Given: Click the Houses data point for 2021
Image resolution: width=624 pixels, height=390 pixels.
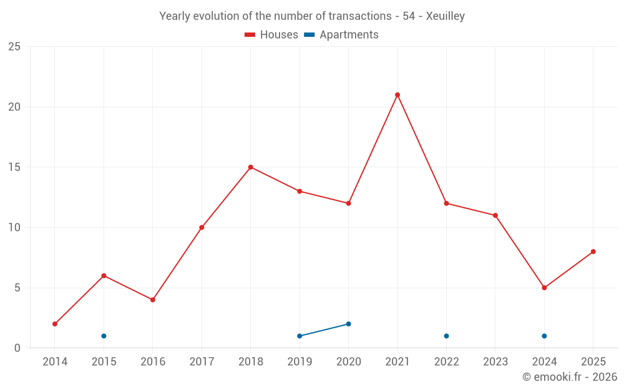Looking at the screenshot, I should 397,95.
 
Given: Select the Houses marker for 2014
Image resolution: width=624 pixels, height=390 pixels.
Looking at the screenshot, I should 55,324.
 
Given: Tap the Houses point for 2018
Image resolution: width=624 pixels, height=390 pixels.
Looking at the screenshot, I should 251,167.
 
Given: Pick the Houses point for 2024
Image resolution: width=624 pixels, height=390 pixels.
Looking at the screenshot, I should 544,288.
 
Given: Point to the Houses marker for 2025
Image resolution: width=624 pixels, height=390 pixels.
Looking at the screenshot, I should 593,251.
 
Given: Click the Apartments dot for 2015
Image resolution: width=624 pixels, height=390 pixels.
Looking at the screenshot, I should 104,336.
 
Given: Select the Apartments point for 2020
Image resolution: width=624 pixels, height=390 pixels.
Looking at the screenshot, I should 348,324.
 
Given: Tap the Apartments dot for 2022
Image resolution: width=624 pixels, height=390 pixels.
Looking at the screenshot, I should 446,336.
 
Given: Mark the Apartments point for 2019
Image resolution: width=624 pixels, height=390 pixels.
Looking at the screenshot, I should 300,336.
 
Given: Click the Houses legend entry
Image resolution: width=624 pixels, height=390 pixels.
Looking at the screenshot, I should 271,35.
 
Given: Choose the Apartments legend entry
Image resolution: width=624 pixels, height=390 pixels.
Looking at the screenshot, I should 341,35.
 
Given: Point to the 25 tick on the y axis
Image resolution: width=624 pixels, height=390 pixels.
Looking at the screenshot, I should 14,47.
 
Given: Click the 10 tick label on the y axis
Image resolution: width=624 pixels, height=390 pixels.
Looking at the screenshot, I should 14,228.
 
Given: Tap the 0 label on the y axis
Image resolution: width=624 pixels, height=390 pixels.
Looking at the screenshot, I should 17,348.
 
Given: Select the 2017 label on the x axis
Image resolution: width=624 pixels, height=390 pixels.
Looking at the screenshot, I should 202,362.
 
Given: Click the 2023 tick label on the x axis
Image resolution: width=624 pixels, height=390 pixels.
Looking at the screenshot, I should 495,362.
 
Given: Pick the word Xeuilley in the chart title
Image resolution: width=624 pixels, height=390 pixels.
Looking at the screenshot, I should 445,16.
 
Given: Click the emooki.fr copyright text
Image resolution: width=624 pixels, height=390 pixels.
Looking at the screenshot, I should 569,377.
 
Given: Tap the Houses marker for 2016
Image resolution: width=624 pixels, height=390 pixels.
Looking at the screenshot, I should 153,300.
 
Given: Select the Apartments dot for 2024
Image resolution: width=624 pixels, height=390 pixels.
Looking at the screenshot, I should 544,336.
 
